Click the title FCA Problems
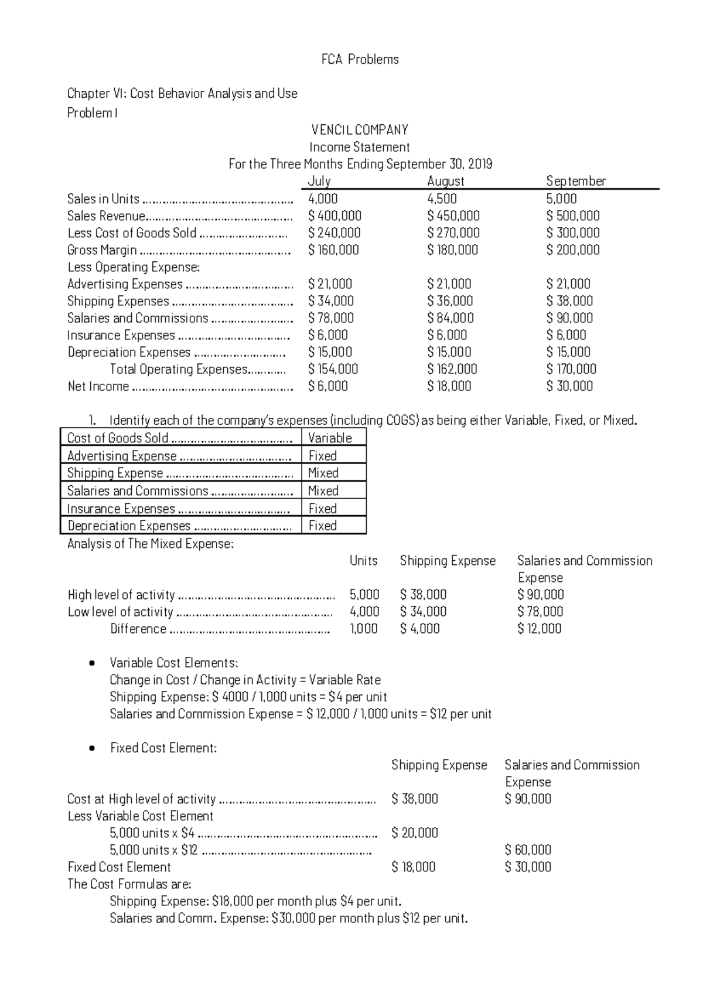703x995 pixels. tap(360, 59)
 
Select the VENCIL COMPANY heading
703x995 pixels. tap(360, 130)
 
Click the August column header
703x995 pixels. tap(445, 181)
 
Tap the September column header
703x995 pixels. tap(575, 181)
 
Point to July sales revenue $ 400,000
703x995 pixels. tap(335, 216)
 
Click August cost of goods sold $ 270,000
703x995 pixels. tap(453, 233)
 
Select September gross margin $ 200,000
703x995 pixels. tap(572, 250)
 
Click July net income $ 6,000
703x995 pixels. tap(327, 386)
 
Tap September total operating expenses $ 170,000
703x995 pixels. tap(571, 369)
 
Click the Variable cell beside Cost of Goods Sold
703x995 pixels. tap(330, 438)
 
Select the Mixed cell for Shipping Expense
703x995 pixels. tap(323, 473)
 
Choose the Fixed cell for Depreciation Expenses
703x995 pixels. tap(323, 526)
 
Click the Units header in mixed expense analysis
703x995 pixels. tap(363, 561)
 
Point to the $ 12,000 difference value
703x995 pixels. tap(539, 629)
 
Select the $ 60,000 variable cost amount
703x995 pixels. tap(527, 850)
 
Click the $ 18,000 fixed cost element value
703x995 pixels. tap(413, 867)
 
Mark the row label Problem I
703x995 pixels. tap(92, 113)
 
